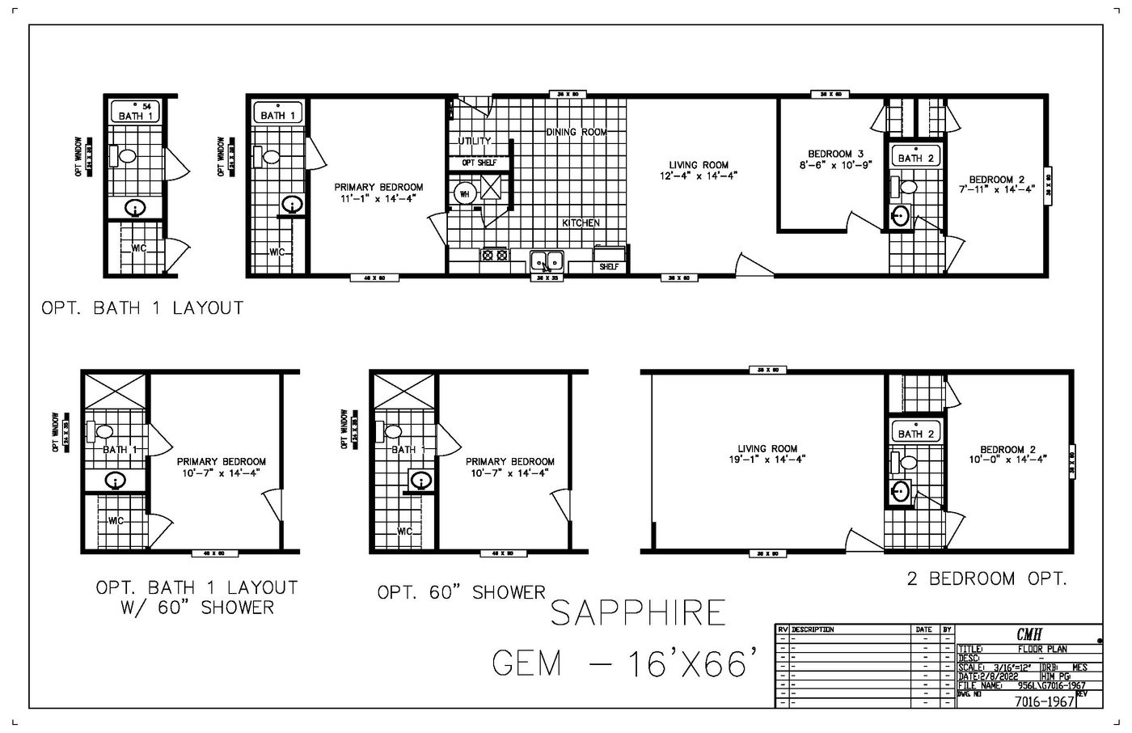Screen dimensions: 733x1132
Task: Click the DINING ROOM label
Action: tap(576, 132)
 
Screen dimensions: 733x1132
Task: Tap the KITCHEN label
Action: tap(581, 222)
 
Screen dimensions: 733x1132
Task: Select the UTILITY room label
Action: tap(475, 141)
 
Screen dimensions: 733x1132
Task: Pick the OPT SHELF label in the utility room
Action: tap(479, 163)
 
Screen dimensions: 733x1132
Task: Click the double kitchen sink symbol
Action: tap(547, 261)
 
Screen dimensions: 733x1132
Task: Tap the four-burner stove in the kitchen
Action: tap(493, 255)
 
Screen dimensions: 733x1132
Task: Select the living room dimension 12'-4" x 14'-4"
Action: tap(699, 176)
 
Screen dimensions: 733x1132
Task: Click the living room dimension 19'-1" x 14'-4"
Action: tap(767, 459)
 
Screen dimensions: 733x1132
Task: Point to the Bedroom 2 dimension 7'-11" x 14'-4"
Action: tap(1003, 189)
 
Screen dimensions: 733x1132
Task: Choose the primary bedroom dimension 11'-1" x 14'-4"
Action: tap(378, 197)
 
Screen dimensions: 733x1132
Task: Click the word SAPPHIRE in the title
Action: tap(638, 613)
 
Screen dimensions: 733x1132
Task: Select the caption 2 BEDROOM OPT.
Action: tap(986, 578)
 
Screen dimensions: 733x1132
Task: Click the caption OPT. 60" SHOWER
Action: tap(462, 593)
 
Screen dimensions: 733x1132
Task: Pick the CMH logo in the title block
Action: tap(1029, 635)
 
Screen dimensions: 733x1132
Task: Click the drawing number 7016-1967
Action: tap(1044, 701)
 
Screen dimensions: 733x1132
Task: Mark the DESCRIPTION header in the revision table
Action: tap(813, 629)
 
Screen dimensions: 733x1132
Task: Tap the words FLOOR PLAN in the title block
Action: tap(1042, 649)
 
